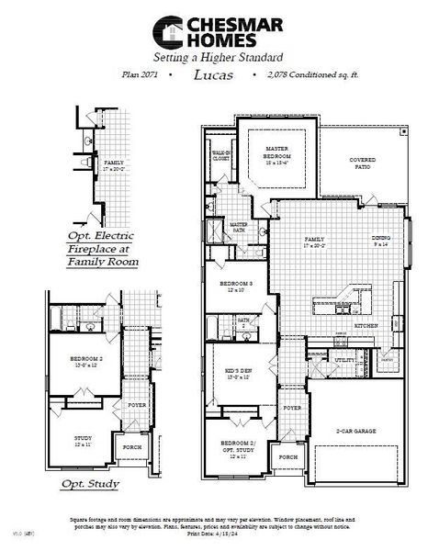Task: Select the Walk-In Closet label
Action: tap(220, 157)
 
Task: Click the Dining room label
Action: tap(380, 241)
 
